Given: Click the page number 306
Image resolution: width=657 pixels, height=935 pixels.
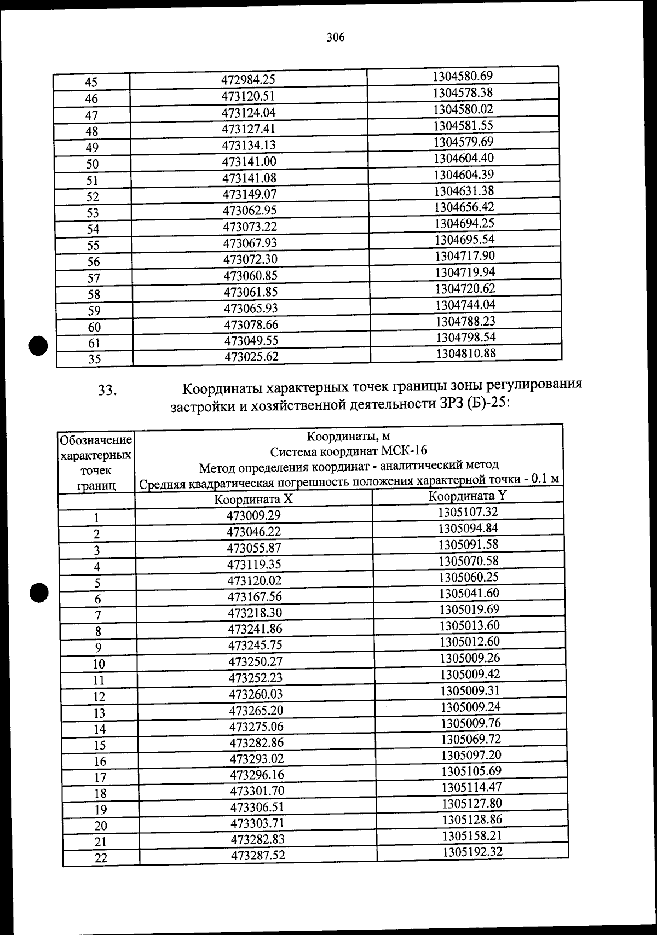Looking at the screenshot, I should [x=335, y=38].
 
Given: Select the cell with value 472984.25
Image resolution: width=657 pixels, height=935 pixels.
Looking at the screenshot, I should [x=248, y=80].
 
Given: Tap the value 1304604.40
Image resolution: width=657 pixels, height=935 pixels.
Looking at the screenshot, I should [x=464, y=158].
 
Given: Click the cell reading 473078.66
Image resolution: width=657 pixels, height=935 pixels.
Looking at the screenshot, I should [x=251, y=325].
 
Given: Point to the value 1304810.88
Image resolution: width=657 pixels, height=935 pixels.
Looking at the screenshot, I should [x=466, y=353].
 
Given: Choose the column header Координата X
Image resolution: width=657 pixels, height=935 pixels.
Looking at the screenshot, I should [x=253, y=499].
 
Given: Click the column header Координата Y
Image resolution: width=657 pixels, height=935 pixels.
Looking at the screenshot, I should [x=468, y=496].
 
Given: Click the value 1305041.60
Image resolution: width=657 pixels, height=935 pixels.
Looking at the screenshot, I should [x=469, y=593].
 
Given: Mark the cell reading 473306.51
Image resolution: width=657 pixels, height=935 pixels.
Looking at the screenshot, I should [x=257, y=807].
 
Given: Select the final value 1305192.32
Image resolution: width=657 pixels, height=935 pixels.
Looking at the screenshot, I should [x=472, y=852].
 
